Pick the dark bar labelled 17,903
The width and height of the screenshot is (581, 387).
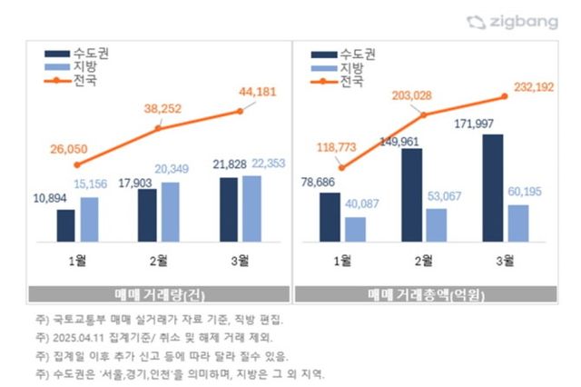147,215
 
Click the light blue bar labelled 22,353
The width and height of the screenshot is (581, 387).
251,209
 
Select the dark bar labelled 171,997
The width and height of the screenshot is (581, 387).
491,188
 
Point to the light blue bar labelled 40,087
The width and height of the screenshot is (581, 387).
355,229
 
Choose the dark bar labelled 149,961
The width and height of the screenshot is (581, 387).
411,194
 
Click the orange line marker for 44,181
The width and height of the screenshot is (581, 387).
240,111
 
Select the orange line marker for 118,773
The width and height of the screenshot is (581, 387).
341,168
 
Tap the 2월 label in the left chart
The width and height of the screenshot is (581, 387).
158,263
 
